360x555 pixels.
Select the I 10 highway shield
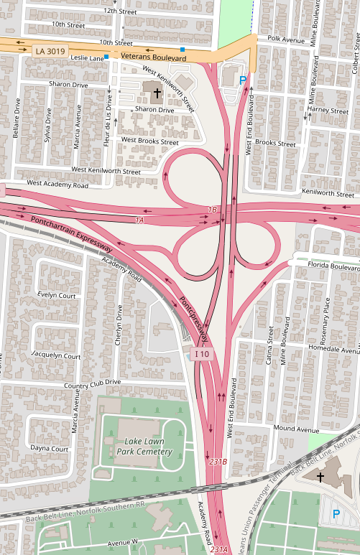pyautogui.click(x=203, y=354)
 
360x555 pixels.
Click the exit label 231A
pyautogui.click(x=219, y=549)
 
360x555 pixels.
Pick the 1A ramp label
pyautogui.click(x=139, y=219)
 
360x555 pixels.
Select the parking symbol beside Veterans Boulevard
pyautogui.click(x=243, y=80)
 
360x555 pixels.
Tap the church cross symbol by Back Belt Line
pyautogui.click(x=320, y=476)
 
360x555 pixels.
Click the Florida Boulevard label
pyautogui.click(x=333, y=266)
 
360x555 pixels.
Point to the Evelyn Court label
pyautogui.click(x=57, y=295)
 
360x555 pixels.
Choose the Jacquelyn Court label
pyautogui.click(x=57, y=355)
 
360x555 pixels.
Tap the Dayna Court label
pyautogui.click(x=49, y=448)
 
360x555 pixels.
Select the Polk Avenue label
pyautogui.click(x=286, y=39)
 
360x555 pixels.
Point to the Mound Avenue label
pyautogui.click(x=295, y=429)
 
